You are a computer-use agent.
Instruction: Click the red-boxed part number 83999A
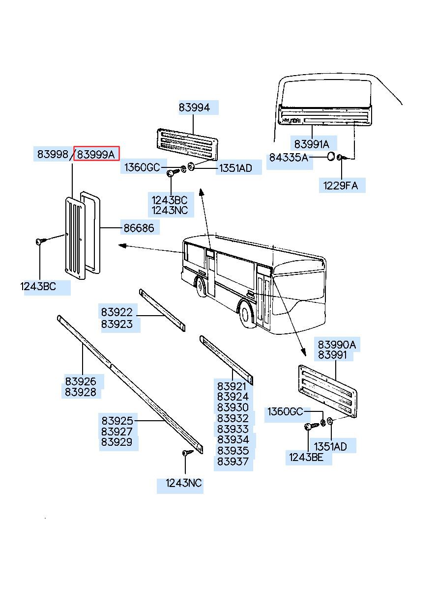coord(96,155)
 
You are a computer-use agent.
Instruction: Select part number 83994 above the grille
coord(194,108)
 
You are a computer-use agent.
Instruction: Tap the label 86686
coord(138,228)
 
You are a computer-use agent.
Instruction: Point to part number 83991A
coord(312,144)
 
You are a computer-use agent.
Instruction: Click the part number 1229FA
coord(341,186)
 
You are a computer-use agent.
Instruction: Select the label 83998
coord(53,154)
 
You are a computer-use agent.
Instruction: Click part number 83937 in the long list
coord(233,462)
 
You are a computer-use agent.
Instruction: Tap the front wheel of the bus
coord(201,287)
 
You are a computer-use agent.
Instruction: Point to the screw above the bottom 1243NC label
coord(186,453)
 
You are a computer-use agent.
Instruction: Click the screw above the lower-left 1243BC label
coord(40,242)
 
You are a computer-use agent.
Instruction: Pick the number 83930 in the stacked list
coord(233,407)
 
